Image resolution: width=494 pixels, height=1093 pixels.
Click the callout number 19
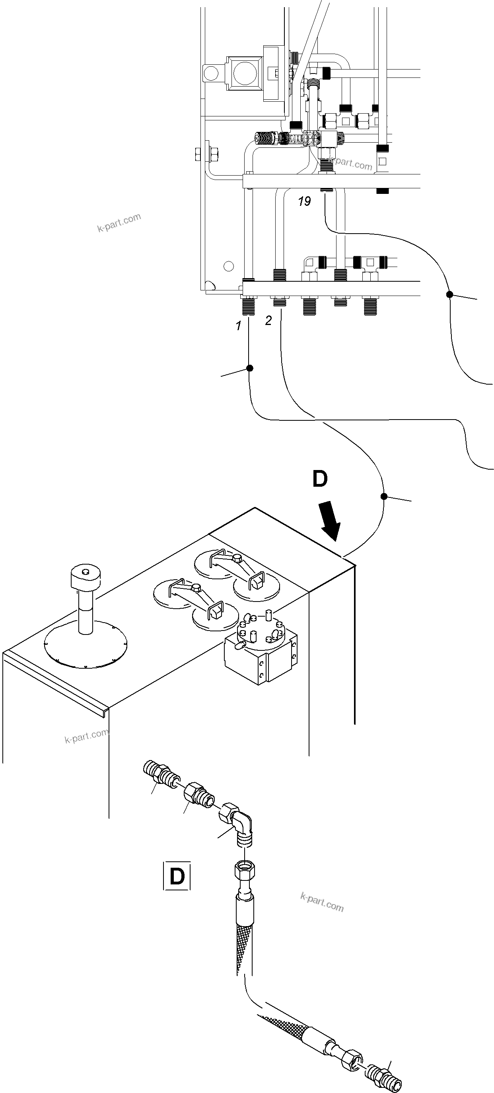(x=304, y=201)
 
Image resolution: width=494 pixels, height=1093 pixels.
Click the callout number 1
(x=239, y=326)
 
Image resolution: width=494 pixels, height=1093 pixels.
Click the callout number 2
(x=268, y=321)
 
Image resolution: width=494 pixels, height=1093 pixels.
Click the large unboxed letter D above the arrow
(x=320, y=479)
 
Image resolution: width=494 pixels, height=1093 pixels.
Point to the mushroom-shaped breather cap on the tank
(x=86, y=577)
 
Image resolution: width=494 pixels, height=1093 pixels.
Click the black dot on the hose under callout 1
(x=250, y=368)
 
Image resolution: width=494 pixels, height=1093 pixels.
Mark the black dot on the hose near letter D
(x=383, y=496)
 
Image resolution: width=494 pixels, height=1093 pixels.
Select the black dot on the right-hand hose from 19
(x=449, y=294)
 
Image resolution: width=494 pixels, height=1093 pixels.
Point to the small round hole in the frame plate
(x=229, y=266)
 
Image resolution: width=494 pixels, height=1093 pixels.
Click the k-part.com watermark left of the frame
(x=119, y=223)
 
